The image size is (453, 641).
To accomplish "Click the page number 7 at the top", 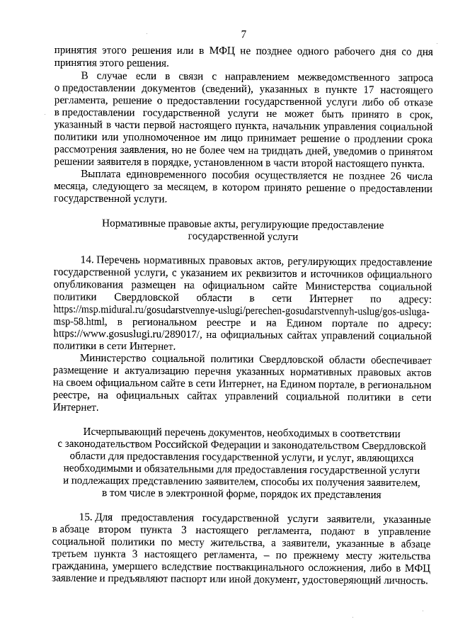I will pyautogui.click(x=243, y=34).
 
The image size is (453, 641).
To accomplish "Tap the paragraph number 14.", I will pyautogui.click(x=88, y=261).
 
